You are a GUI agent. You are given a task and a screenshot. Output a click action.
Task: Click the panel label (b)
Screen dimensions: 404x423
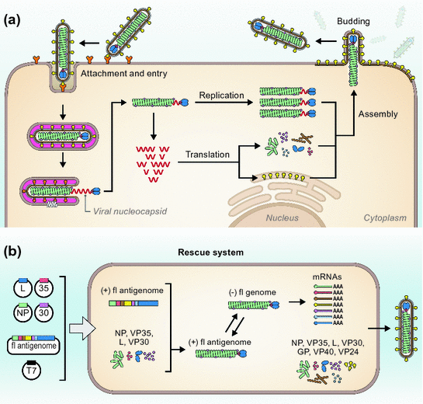point(14,253)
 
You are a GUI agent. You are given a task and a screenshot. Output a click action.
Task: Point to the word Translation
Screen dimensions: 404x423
point(212,155)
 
